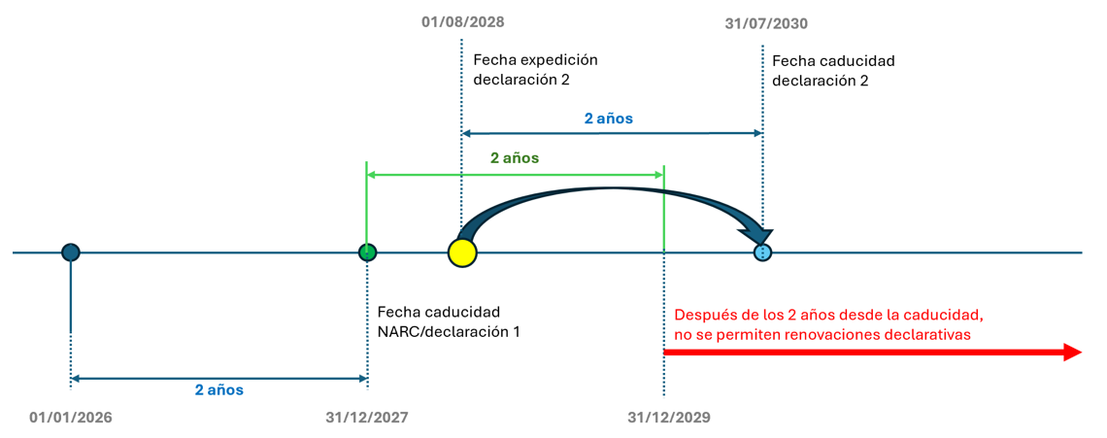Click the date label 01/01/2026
coord(71,418)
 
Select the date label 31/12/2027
coord(367,418)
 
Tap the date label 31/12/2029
coord(669,418)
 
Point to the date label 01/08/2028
coord(463,21)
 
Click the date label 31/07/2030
coord(766,23)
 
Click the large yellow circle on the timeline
coord(463,253)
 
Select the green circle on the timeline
coord(367,253)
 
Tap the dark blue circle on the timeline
coord(70,253)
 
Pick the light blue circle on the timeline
coord(763,253)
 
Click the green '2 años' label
coord(515,156)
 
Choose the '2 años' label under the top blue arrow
coord(609,118)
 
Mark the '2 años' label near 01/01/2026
coord(219,389)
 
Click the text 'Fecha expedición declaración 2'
coord(535,69)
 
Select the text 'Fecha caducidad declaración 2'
coord(833,71)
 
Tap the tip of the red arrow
coord(1080,353)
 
